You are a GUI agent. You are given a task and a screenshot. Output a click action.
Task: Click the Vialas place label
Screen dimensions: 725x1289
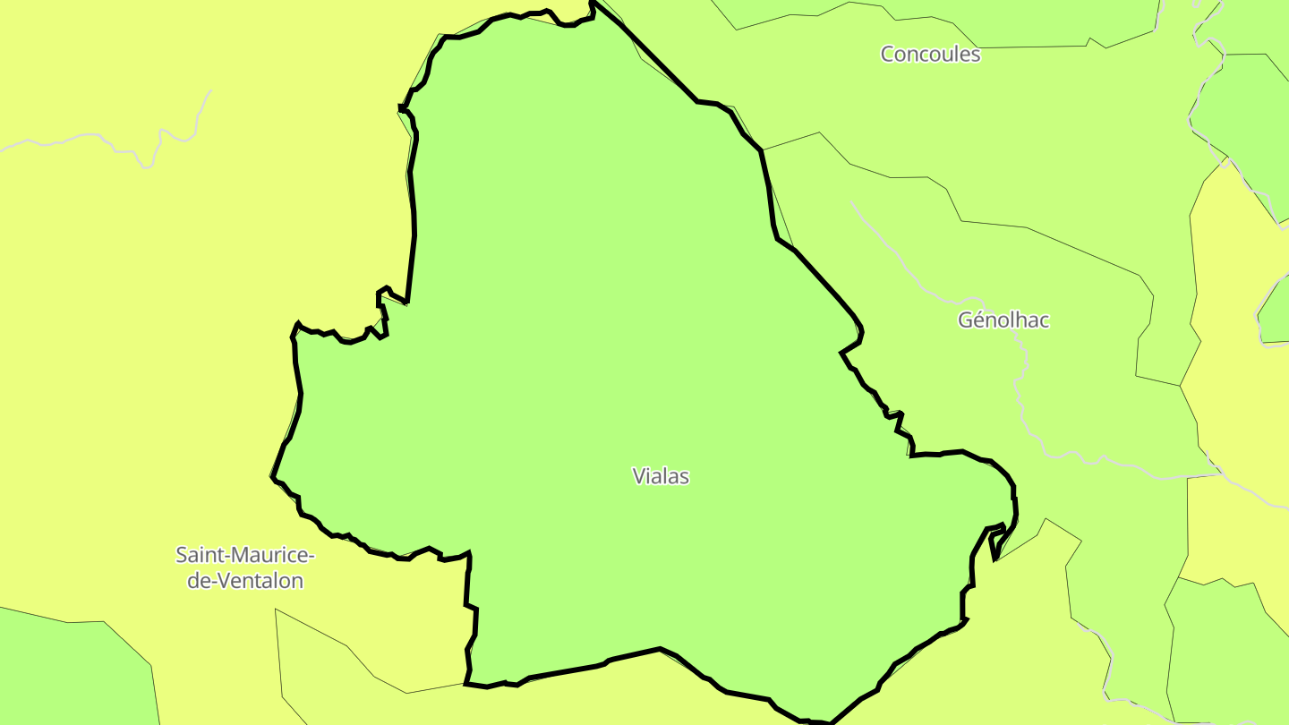click(661, 476)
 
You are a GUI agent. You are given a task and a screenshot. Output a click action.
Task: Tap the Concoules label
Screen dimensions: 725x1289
click(930, 55)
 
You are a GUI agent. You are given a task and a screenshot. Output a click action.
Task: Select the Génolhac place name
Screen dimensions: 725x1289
click(1003, 320)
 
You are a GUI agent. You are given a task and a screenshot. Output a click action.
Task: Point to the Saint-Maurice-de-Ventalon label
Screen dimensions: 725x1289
click(244, 567)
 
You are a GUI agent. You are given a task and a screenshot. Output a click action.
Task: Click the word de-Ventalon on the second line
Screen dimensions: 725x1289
click(244, 581)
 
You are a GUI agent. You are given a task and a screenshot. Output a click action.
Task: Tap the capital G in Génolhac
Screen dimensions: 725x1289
click(966, 320)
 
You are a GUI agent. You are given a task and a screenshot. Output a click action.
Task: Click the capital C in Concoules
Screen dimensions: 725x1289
click(888, 55)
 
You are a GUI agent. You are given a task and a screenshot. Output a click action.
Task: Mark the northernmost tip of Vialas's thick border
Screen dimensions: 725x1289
click(592, 3)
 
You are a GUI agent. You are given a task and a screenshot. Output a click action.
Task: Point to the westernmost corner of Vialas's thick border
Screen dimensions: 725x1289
click(272, 477)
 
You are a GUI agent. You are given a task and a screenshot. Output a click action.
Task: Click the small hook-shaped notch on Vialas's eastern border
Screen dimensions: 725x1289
click(995, 546)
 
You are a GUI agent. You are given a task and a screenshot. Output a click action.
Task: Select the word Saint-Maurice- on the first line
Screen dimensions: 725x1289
click(244, 555)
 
